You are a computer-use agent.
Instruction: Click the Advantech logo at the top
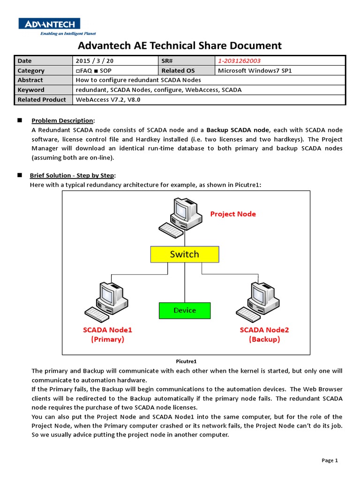point(49,23)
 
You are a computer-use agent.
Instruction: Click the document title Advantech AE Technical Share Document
point(180,45)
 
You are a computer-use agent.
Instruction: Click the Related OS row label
point(178,71)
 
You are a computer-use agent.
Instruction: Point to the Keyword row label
point(31,90)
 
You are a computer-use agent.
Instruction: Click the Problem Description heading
point(62,121)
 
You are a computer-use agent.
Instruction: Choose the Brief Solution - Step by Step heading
point(72,175)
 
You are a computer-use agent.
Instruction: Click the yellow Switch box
point(184,255)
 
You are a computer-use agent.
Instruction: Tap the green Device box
point(185,310)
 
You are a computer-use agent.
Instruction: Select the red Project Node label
point(233,214)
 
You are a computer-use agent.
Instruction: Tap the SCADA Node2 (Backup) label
point(264,335)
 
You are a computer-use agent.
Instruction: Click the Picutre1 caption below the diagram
point(186,361)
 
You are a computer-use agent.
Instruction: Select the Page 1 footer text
point(330,460)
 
